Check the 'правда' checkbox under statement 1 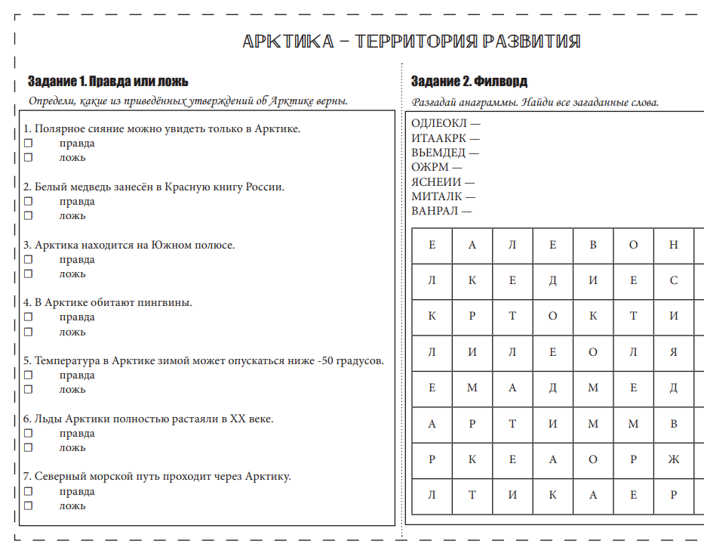tap(28, 143)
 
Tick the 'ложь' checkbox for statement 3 tap(28, 274)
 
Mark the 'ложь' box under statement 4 tap(28, 332)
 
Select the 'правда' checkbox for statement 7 tap(28, 491)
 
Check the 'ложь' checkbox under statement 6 tap(28, 447)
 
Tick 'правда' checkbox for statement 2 tap(28, 201)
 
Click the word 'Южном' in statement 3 tap(173, 245)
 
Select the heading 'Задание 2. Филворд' tap(469, 82)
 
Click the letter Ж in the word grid tap(674, 459)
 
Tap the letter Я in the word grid tap(674, 352)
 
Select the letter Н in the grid tap(674, 245)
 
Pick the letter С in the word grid tap(674, 280)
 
